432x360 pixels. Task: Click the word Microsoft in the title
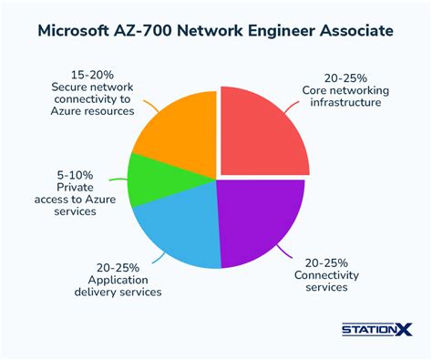tap(80, 31)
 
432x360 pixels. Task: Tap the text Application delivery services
tap(111, 286)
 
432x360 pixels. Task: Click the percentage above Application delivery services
tap(111, 267)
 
